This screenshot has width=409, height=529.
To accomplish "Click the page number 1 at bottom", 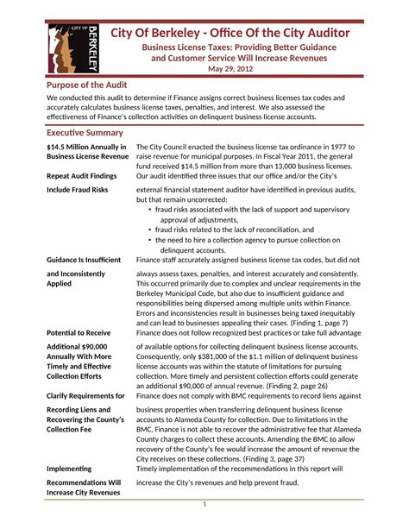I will click(204, 503).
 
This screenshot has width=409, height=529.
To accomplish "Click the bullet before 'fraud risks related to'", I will click(151, 230).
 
